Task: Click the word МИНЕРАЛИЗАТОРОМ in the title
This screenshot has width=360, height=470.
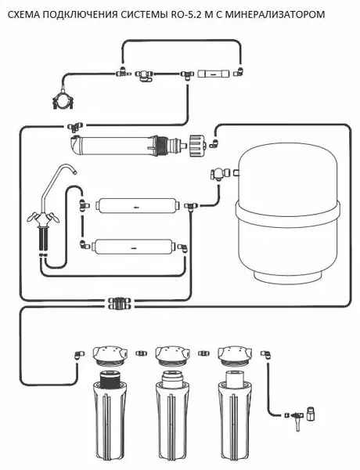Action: (x=275, y=14)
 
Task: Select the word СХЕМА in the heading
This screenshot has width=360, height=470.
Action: (x=22, y=14)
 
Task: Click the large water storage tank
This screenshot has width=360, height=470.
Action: (x=287, y=213)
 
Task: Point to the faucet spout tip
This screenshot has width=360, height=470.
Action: (x=74, y=172)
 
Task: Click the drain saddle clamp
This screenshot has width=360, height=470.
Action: (x=63, y=100)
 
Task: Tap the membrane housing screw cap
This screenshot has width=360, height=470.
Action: (x=198, y=146)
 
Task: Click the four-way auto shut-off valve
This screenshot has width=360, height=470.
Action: (x=120, y=303)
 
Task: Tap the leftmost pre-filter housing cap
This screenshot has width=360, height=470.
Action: (x=109, y=355)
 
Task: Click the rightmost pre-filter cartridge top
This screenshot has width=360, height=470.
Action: (x=236, y=378)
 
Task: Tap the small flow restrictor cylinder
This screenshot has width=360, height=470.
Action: (x=213, y=74)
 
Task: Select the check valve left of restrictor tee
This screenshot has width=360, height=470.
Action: (x=144, y=75)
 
